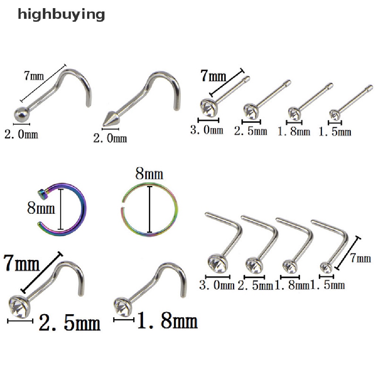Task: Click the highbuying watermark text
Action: click(61, 15)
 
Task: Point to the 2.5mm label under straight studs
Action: click(251, 130)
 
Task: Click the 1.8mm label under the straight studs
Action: click(294, 131)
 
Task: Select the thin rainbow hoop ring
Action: click(150, 209)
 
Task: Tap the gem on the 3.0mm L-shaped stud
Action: click(215, 263)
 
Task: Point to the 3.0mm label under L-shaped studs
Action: click(217, 285)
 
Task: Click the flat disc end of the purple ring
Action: click(42, 192)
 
